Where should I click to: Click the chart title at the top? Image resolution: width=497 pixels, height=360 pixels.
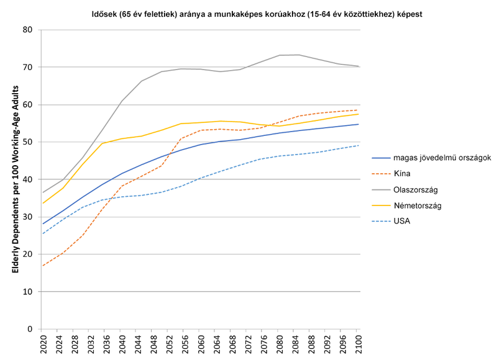(x=248, y=13)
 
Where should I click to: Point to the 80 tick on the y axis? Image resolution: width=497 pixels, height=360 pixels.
(x=28, y=30)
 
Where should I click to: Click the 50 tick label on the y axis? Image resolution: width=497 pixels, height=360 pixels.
(x=28, y=142)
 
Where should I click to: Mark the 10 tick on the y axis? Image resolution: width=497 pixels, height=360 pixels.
(x=28, y=292)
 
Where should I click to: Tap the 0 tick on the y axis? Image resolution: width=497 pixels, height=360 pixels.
(x=30, y=329)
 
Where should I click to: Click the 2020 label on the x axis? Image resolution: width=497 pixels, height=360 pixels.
(x=43, y=344)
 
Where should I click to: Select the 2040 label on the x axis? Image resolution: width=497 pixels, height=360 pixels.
(x=122, y=344)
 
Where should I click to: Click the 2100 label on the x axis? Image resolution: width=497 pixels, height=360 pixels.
(x=357, y=344)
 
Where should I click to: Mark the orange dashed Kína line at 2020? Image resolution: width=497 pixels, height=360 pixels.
(x=43, y=266)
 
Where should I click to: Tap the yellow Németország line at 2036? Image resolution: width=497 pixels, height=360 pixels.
(x=103, y=143)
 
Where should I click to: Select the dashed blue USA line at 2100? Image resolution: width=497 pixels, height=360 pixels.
(x=357, y=145)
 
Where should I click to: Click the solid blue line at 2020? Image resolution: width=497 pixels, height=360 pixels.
(x=43, y=223)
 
